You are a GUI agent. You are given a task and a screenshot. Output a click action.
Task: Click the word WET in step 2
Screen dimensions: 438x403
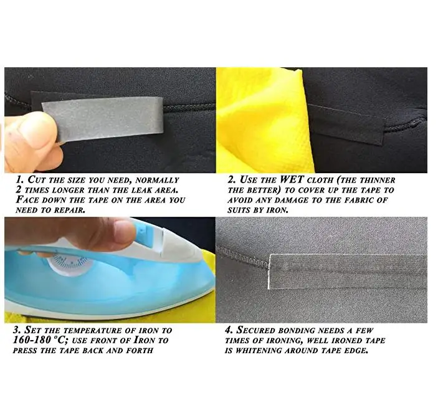(x=292, y=179)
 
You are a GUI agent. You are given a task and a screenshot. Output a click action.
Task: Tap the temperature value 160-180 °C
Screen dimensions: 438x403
(x=39, y=340)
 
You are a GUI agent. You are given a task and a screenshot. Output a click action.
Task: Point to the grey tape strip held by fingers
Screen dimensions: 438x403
(x=103, y=118)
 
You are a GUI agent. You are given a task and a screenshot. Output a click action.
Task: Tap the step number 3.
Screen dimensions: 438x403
(x=17, y=330)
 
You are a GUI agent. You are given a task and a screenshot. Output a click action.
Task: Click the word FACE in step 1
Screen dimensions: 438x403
(x=27, y=200)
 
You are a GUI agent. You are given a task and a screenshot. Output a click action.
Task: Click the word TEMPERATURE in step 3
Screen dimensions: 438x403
(x=93, y=330)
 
